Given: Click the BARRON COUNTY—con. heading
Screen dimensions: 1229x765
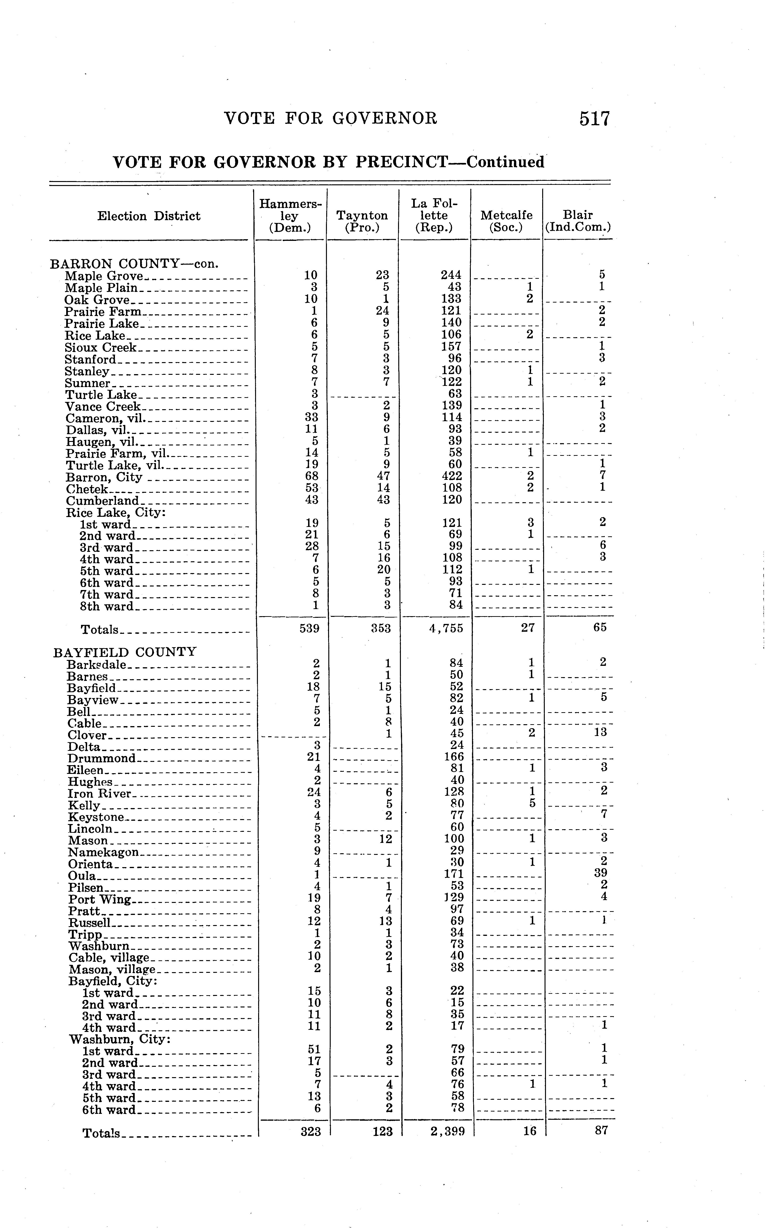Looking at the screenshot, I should (134, 264).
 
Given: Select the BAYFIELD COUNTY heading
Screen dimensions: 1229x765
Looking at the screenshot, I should (124, 652).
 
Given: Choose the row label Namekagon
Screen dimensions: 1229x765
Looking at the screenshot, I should (103, 852).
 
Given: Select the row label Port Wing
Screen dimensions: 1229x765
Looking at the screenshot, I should (100, 899).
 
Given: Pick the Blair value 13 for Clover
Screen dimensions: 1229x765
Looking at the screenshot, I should (600, 732).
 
